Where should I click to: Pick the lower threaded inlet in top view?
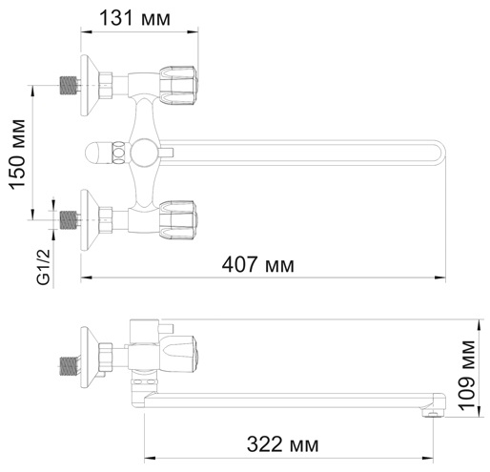tap(69, 218)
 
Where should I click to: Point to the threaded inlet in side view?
tap(69, 363)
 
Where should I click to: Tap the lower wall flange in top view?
tap(89, 218)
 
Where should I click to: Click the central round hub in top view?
tap(143, 151)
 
